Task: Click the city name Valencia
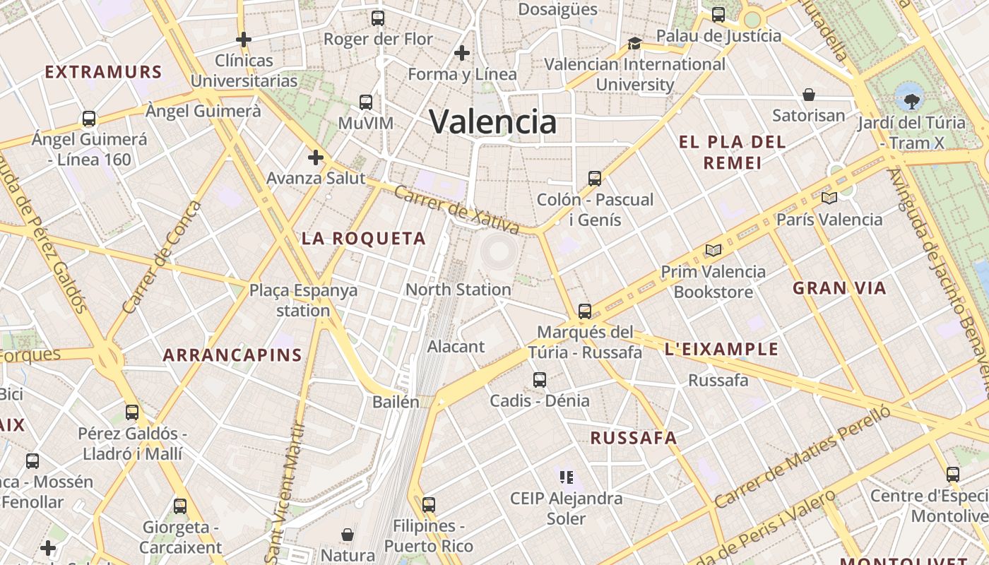(493, 121)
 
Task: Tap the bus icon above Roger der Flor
(378, 18)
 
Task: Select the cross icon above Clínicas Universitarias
(244, 40)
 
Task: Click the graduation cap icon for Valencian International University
(634, 44)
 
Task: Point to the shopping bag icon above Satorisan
(809, 95)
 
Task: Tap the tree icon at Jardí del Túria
(911, 97)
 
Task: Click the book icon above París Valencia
(829, 198)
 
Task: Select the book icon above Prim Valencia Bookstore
(713, 251)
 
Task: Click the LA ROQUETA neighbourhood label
(364, 239)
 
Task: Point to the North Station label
(458, 290)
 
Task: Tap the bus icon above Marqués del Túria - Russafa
(585, 311)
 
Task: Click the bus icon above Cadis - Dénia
(540, 380)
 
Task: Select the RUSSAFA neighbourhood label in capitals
(634, 438)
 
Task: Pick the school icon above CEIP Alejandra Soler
(566, 477)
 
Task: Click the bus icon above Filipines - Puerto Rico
(429, 505)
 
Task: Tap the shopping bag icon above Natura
(348, 534)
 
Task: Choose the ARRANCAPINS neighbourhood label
(232, 355)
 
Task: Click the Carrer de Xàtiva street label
(457, 210)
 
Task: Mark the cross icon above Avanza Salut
(315, 157)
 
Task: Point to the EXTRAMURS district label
(103, 72)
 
